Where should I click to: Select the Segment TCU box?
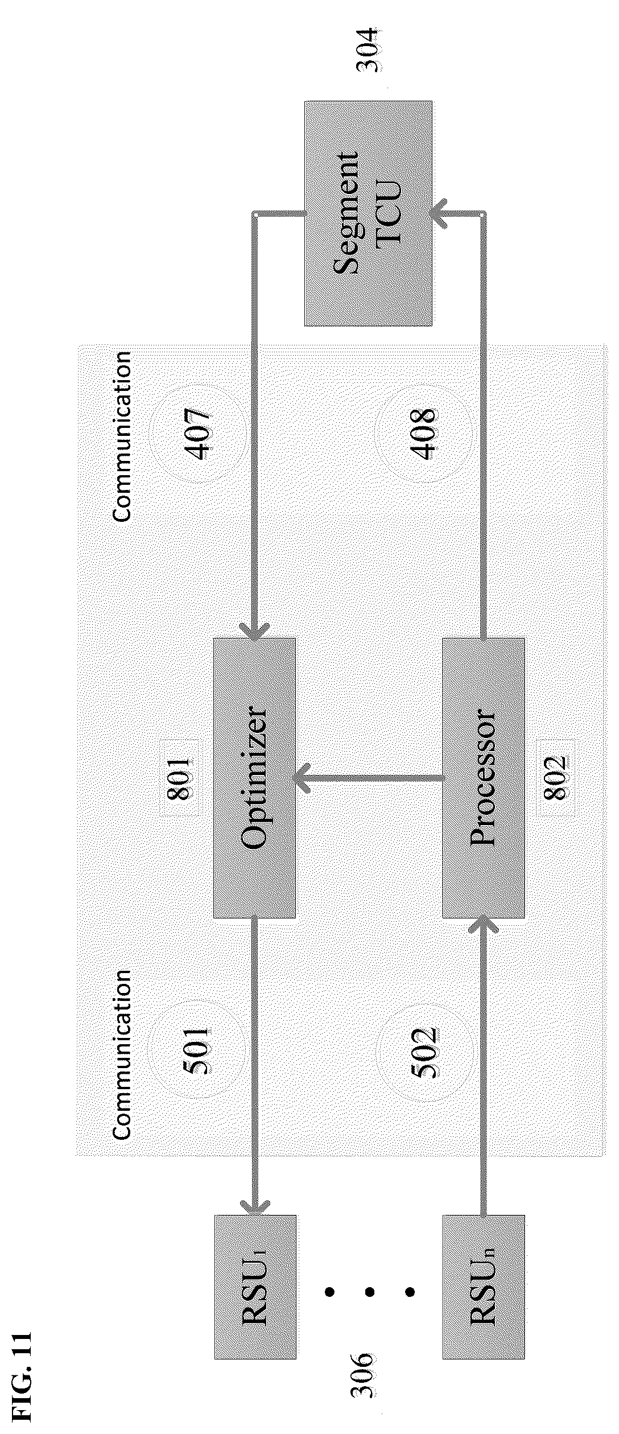[368, 213]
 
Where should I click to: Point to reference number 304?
[367, 50]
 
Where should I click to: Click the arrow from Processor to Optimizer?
[369, 778]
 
